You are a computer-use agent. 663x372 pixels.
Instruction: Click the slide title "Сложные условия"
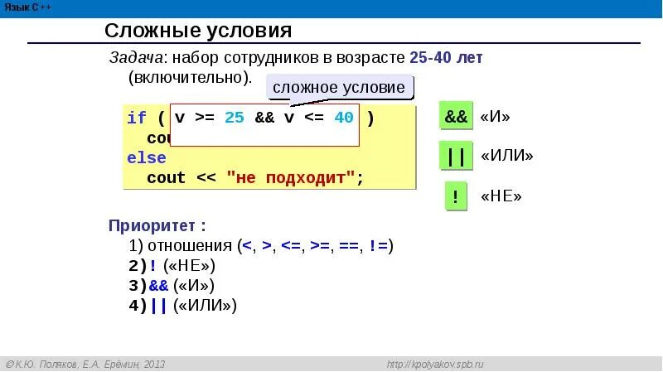[x=198, y=31]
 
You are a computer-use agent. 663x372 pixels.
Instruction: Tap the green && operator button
[x=456, y=117]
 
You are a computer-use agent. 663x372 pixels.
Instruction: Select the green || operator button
[x=456, y=156]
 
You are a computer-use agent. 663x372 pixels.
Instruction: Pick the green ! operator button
[x=456, y=196]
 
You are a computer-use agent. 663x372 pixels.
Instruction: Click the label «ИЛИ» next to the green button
[x=506, y=156]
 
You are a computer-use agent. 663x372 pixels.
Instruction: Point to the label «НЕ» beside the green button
[x=501, y=196]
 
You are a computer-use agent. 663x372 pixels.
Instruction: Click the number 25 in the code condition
[x=235, y=118]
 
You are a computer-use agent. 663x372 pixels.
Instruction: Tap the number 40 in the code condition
[x=344, y=118]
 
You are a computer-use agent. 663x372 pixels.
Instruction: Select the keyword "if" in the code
[x=137, y=118]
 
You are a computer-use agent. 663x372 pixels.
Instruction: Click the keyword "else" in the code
[x=147, y=157]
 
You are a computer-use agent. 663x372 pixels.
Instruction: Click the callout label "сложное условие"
[x=339, y=88]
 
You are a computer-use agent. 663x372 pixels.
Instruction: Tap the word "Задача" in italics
[x=136, y=58]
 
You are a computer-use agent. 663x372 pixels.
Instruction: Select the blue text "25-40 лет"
[x=446, y=58]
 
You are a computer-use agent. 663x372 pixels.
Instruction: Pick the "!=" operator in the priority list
[x=378, y=245]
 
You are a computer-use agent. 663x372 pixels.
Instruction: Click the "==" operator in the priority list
[x=349, y=245]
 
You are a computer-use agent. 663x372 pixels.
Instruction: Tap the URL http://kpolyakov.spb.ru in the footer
[x=435, y=364]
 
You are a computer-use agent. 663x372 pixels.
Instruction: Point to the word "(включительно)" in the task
[x=190, y=77]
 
